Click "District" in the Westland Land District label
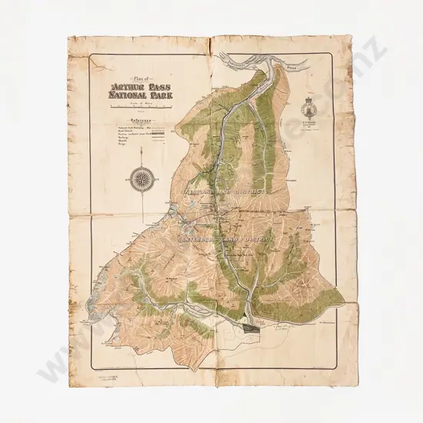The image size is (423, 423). (258, 191)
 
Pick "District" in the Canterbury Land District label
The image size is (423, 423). (261, 240)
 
